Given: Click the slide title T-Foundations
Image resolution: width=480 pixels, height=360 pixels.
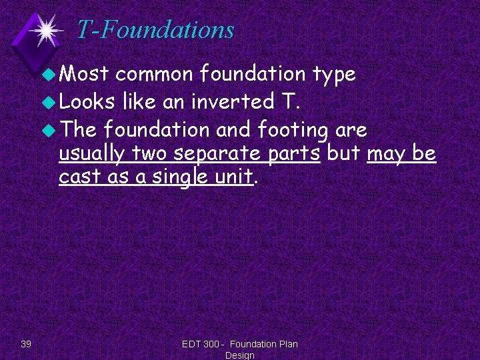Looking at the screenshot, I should tap(155, 30).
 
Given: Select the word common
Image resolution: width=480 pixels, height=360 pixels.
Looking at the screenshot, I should tap(154, 75).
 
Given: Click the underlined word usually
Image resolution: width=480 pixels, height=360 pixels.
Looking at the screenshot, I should tap(93, 154).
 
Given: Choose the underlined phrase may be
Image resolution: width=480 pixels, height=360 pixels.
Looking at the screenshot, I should tap(401, 154).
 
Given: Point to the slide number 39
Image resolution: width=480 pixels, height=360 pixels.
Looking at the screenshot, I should tap(26, 344).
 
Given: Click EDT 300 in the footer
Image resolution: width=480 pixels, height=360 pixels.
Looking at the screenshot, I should tap(201, 344).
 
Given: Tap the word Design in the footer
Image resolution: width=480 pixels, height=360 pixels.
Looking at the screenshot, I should tap(239, 355).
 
